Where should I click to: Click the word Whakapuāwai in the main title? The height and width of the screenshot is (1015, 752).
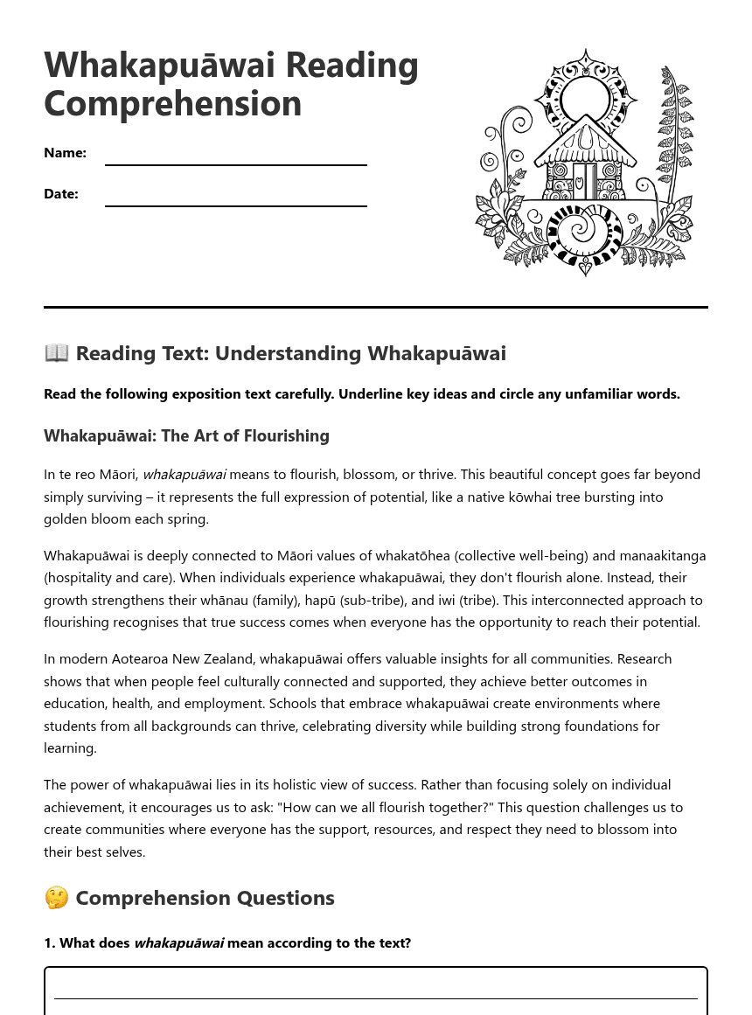coord(159,66)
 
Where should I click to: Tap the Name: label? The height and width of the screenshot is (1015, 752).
coord(65,153)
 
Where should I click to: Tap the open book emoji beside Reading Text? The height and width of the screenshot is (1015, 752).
coord(56,353)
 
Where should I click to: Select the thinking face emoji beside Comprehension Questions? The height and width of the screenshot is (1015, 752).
coord(56,898)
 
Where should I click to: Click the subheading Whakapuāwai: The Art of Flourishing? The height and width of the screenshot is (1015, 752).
coord(186,435)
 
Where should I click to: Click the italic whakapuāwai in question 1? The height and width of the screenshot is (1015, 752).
coord(178,942)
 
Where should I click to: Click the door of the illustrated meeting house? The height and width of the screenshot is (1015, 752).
coord(584,180)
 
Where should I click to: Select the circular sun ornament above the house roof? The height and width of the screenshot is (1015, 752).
coord(584,99)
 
